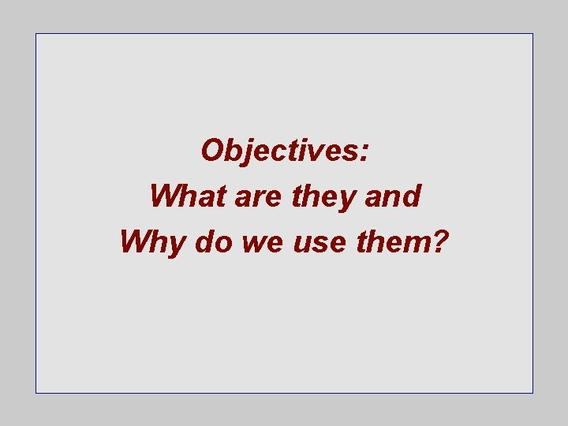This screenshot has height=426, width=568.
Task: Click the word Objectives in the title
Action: (280, 150)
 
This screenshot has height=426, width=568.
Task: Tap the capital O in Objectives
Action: (213, 150)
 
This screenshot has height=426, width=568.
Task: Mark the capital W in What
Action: (163, 196)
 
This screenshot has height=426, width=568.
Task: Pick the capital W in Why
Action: (135, 241)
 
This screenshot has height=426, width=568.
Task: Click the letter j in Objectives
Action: (248, 151)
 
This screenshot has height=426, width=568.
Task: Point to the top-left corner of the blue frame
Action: (35, 34)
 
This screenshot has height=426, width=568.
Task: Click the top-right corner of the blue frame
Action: (532, 34)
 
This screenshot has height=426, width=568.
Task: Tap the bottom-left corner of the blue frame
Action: (35, 392)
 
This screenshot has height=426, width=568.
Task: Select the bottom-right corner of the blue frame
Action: (532, 392)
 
